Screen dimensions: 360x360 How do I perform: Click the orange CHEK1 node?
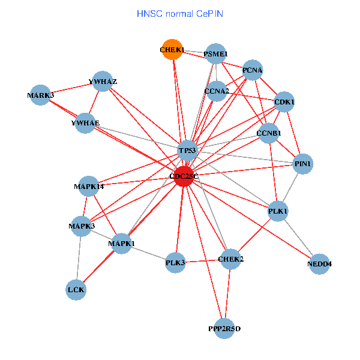[x=172, y=50]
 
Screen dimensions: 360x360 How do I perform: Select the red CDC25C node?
[x=184, y=176]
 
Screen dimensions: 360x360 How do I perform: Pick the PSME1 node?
[x=215, y=54]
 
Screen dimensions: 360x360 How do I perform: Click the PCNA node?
[x=253, y=70]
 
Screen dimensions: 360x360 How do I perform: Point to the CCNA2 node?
[x=217, y=91]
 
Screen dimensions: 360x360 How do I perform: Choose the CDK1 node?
[x=284, y=102]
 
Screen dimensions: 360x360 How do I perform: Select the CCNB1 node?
[x=268, y=133]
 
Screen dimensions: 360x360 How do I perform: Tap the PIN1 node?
[x=302, y=164]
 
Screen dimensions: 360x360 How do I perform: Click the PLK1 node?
[x=278, y=211]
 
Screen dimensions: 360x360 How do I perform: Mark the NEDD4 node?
[x=320, y=264]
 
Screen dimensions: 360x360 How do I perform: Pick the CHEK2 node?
[x=231, y=259]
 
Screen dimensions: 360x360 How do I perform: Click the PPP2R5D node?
[x=224, y=329]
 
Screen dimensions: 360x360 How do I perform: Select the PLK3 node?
[x=175, y=262]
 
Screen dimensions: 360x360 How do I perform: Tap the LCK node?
[x=76, y=290]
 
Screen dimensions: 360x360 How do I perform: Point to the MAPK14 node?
[x=89, y=187]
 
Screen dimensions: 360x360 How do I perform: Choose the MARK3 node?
[x=41, y=95]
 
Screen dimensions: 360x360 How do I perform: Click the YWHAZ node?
[x=103, y=82]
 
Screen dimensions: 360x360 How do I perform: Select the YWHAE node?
[x=85, y=123]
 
